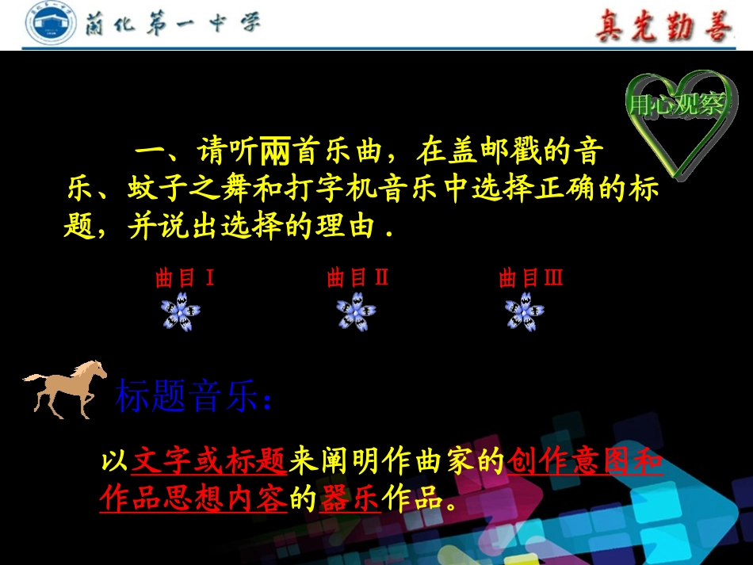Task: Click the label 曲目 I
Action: point(185,278)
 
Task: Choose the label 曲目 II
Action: point(357,278)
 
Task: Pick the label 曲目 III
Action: point(530,278)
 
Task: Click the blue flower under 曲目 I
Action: point(182,311)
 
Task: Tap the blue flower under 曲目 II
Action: point(356,311)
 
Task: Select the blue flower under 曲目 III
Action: point(525,311)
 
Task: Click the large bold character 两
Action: point(277,149)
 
